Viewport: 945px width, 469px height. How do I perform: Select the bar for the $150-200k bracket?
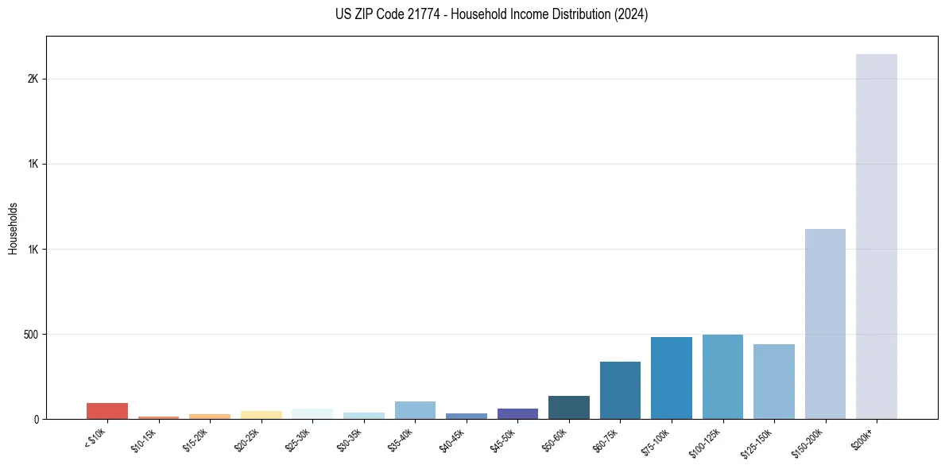825,324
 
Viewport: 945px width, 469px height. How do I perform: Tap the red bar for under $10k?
107,411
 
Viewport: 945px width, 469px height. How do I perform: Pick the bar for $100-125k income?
722,377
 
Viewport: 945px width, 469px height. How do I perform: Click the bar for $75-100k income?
672,378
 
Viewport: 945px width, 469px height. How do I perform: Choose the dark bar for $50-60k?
569,407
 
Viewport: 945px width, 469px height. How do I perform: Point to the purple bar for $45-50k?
517,413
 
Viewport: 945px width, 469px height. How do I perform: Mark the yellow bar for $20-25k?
261,415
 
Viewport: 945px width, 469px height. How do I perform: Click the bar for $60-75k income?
620,390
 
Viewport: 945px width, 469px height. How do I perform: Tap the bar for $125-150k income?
774,382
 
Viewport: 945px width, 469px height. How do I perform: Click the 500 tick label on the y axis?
32,335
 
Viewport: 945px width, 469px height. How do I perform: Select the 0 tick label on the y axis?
37,420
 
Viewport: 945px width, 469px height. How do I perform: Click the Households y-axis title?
13,228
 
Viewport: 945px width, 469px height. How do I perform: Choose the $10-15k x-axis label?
143,440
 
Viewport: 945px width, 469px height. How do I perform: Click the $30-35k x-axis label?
349,440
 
